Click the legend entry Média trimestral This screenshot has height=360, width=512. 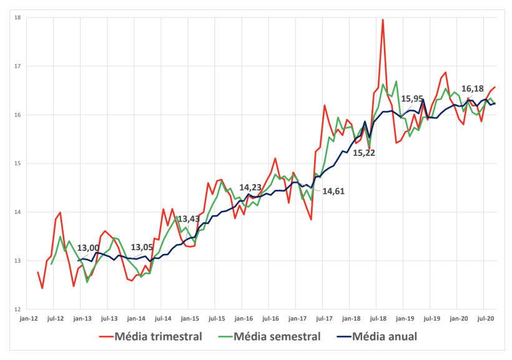[158, 337]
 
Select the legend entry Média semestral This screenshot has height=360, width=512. [277, 337]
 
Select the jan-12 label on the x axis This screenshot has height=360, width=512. [29, 318]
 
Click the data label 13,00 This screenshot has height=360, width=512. [89, 248]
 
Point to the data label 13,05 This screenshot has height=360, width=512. [142, 248]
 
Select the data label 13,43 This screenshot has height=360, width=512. [189, 219]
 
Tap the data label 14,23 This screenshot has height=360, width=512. [250, 187]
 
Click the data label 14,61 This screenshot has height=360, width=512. [334, 192]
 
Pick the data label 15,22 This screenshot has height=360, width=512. [365, 152]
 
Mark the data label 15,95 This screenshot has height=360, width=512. [412, 98]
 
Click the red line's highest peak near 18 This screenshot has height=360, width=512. [383, 20]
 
